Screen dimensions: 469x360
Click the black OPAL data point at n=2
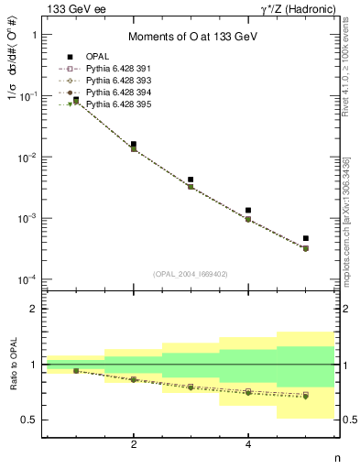pyautogui.click(x=134, y=145)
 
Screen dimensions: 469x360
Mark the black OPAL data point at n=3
pyautogui.click(x=191, y=180)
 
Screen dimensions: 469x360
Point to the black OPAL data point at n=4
pyautogui.click(x=248, y=211)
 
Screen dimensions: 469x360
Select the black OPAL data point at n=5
pyautogui.click(x=305, y=238)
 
